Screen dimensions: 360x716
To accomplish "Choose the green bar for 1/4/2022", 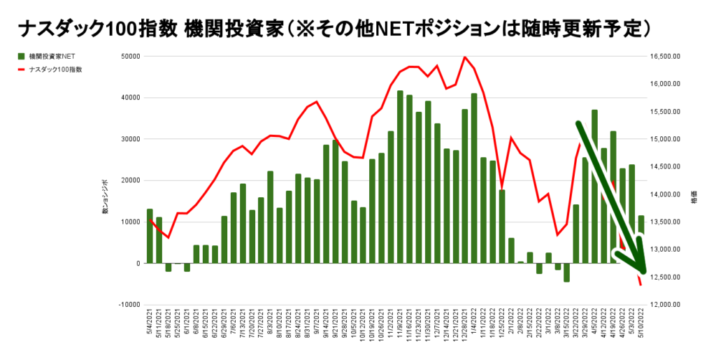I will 474,178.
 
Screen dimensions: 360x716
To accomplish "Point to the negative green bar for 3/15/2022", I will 566,273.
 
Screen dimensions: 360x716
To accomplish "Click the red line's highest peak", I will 465,57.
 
